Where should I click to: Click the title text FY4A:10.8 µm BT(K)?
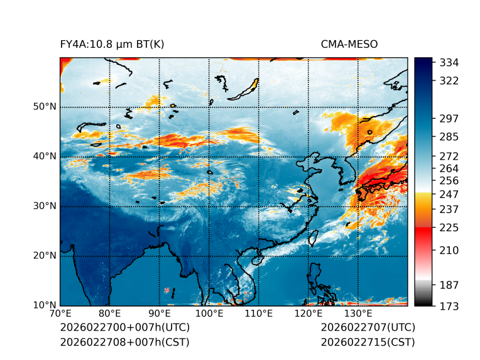pyautogui.click(x=112, y=44)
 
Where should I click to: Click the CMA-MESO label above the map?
pyautogui.click(x=349, y=44)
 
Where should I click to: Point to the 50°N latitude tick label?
pyautogui.click(x=45, y=107)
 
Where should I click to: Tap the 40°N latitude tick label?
pyautogui.click(x=45, y=156)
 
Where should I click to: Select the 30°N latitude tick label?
pyautogui.click(x=45, y=206)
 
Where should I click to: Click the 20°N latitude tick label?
pyautogui.click(x=45, y=256)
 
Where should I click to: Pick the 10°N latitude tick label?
pyautogui.click(x=45, y=305)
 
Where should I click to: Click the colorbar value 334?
pyautogui.click(x=449, y=63)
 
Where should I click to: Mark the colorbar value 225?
pyautogui.click(x=449, y=227)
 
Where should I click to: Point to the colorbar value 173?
pyautogui.click(x=449, y=306)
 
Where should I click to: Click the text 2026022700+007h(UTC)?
pyautogui.click(x=124, y=328)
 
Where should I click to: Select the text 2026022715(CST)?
pyautogui.click(x=368, y=342)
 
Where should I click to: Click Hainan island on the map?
pyautogui.click(x=257, y=260)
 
